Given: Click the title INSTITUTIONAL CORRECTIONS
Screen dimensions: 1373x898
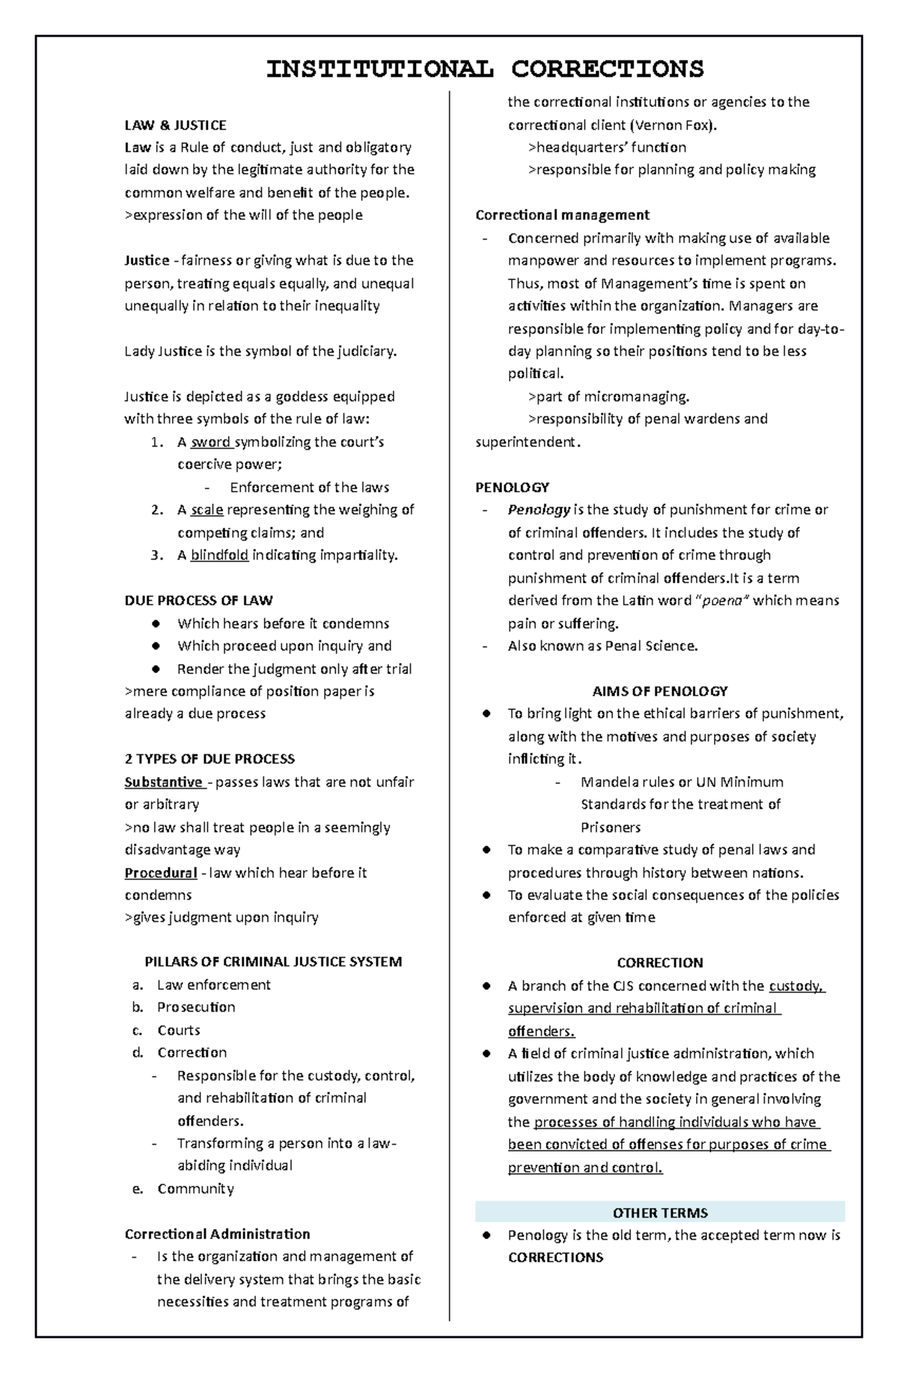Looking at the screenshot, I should (485, 69).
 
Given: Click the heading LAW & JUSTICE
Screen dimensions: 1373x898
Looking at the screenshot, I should (175, 125).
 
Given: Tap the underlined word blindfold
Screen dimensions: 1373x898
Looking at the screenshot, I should (219, 555).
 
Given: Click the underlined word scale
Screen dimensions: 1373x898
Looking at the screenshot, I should (207, 510).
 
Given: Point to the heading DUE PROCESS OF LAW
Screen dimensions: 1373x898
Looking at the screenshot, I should (198, 601).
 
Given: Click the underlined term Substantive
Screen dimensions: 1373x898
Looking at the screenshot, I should (164, 783).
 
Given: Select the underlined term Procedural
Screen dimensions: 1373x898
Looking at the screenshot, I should (160, 873).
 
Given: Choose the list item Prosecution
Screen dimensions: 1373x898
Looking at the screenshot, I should (196, 1008).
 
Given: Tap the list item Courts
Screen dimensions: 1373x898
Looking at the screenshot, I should (178, 1030).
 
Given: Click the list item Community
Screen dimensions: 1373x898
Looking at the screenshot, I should (195, 1189).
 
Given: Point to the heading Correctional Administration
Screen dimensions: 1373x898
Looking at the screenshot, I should (217, 1235).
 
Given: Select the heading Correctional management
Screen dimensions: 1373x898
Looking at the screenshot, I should (562, 215).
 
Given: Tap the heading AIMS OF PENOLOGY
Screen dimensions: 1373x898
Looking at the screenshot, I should (659, 691).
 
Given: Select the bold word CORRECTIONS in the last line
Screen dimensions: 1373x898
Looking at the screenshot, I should (555, 1258).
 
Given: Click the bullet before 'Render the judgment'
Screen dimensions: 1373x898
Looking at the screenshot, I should (156, 669).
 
